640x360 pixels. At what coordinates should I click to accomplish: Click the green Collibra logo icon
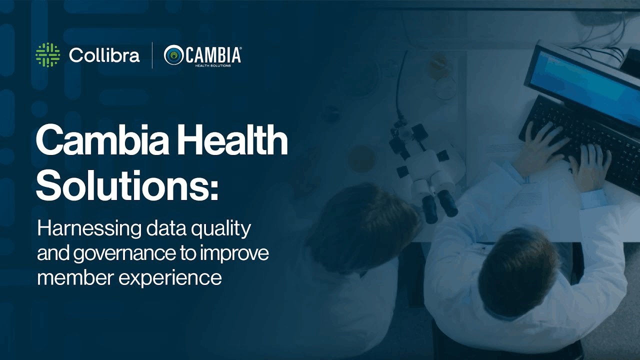pyautogui.click(x=47, y=55)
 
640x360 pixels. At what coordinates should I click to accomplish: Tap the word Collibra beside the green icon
pyautogui.click(x=104, y=55)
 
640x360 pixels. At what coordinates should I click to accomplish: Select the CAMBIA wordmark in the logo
pyautogui.click(x=213, y=55)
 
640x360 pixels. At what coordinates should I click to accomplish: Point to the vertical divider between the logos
pyautogui.click(x=152, y=55)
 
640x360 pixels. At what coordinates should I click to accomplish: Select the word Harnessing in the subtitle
pyautogui.click(x=89, y=229)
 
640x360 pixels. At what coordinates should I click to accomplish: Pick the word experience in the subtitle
pyautogui.click(x=170, y=278)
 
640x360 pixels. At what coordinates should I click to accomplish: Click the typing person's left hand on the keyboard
pyautogui.click(x=537, y=148)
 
